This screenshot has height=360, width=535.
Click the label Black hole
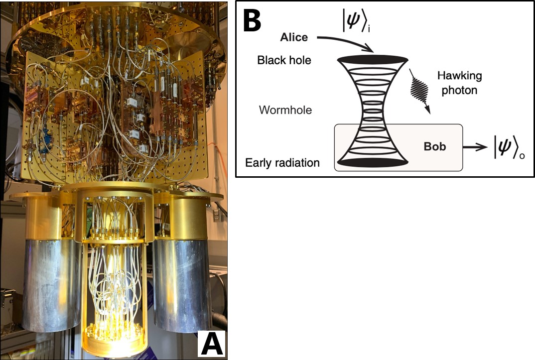point(284,60)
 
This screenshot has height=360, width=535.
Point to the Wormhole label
point(285,110)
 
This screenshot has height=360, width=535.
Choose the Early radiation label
point(282,163)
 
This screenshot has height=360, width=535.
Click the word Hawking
point(459,76)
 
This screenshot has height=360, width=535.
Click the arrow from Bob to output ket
point(476,147)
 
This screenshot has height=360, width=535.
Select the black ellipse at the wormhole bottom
point(373,162)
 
